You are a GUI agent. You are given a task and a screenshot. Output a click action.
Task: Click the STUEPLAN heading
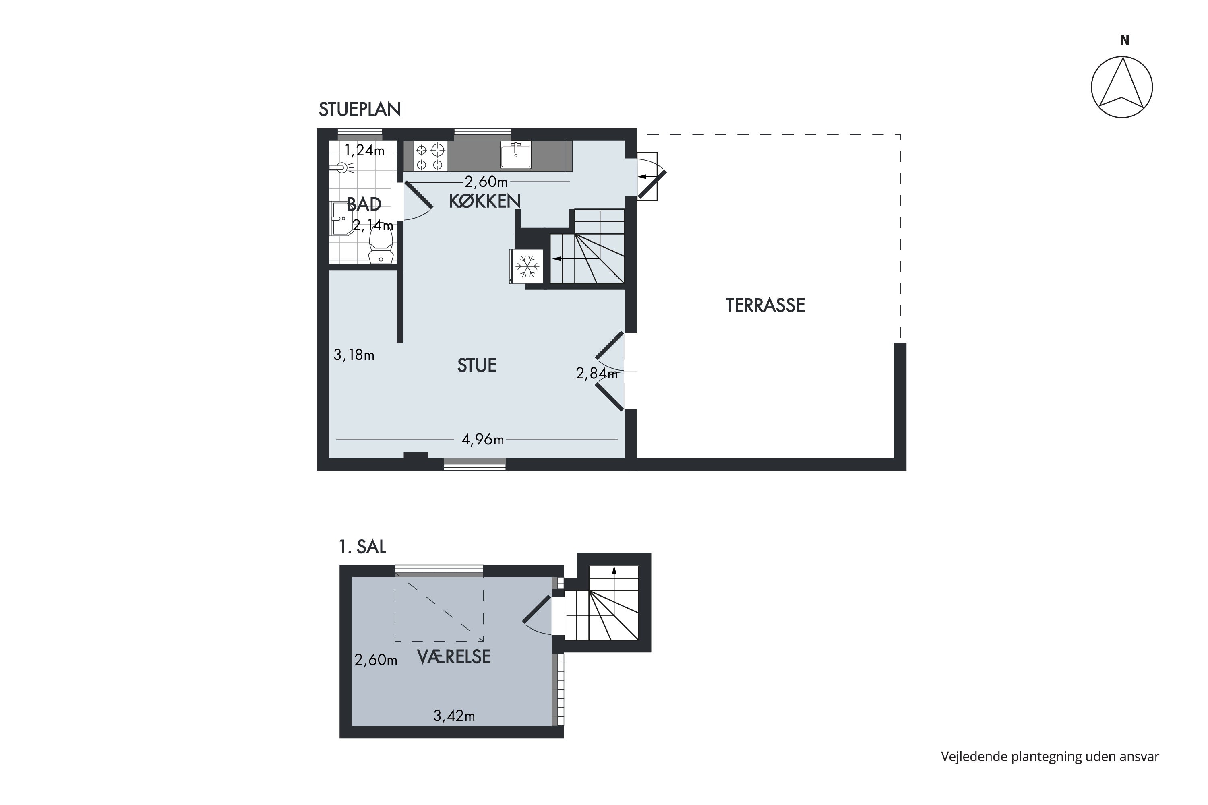360,109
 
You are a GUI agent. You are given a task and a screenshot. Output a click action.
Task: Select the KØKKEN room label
485,201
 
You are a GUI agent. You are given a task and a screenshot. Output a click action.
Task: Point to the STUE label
477,365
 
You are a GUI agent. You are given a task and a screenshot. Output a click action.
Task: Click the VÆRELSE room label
454,656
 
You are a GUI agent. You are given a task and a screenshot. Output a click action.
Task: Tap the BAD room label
364,204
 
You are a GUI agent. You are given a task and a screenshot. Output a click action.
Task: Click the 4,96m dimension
483,440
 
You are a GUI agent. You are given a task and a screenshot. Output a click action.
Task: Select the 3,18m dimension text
354,355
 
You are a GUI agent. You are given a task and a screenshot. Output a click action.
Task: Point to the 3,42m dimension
454,716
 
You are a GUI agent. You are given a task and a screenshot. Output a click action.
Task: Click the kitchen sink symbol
516,155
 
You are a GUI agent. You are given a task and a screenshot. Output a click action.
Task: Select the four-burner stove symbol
430,157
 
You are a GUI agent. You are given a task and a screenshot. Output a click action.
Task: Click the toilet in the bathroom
381,246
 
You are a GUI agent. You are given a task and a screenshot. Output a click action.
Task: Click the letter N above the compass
1125,40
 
